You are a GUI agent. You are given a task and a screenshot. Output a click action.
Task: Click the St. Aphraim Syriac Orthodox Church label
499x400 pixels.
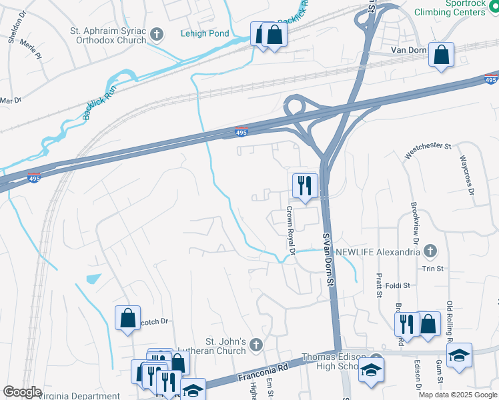108,35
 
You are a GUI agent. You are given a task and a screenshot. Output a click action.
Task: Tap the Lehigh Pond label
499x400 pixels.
204,33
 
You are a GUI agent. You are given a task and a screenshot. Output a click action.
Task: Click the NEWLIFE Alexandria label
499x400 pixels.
378,251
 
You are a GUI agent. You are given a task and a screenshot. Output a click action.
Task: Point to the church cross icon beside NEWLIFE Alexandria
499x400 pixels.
430,251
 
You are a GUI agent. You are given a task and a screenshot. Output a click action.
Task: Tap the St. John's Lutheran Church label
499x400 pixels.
210,347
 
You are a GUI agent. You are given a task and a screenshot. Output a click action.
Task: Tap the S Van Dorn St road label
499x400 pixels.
328,259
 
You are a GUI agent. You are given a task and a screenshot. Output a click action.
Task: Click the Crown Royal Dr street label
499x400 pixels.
290,229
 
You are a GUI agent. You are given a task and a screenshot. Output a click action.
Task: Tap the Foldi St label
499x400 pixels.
397,285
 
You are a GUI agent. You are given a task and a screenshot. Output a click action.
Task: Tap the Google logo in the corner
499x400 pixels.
22,392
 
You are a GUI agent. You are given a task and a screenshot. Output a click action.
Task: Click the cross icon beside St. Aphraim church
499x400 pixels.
157,34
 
